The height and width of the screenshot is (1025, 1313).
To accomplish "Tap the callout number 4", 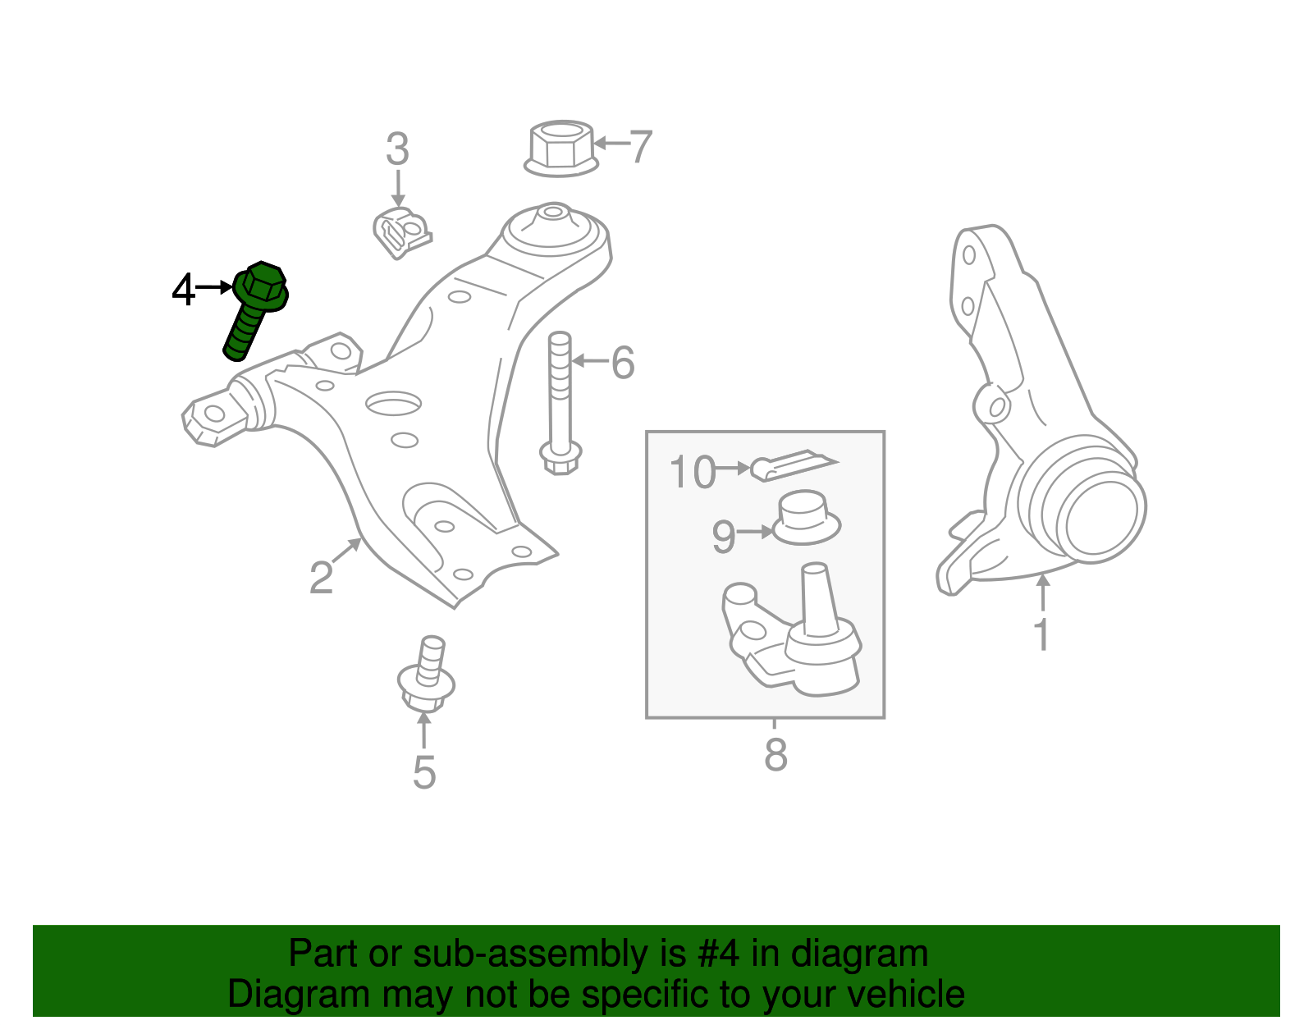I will click(184, 290).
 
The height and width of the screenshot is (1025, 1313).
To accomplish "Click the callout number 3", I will click(397, 149).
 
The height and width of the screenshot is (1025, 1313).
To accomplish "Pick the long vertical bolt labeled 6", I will click(560, 402).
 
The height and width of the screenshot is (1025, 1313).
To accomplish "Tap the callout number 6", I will click(623, 362).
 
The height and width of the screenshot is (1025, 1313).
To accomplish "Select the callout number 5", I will click(424, 772).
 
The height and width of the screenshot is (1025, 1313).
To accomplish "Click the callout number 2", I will click(322, 577).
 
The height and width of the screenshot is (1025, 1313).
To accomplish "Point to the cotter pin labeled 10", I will click(792, 464).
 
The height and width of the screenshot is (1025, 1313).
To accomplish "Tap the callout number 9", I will click(723, 537).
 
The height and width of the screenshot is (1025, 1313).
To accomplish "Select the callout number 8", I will click(775, 754).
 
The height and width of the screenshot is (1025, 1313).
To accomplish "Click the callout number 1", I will click(1041, 634).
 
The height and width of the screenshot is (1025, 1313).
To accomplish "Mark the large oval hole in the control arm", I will click(394, 403).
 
